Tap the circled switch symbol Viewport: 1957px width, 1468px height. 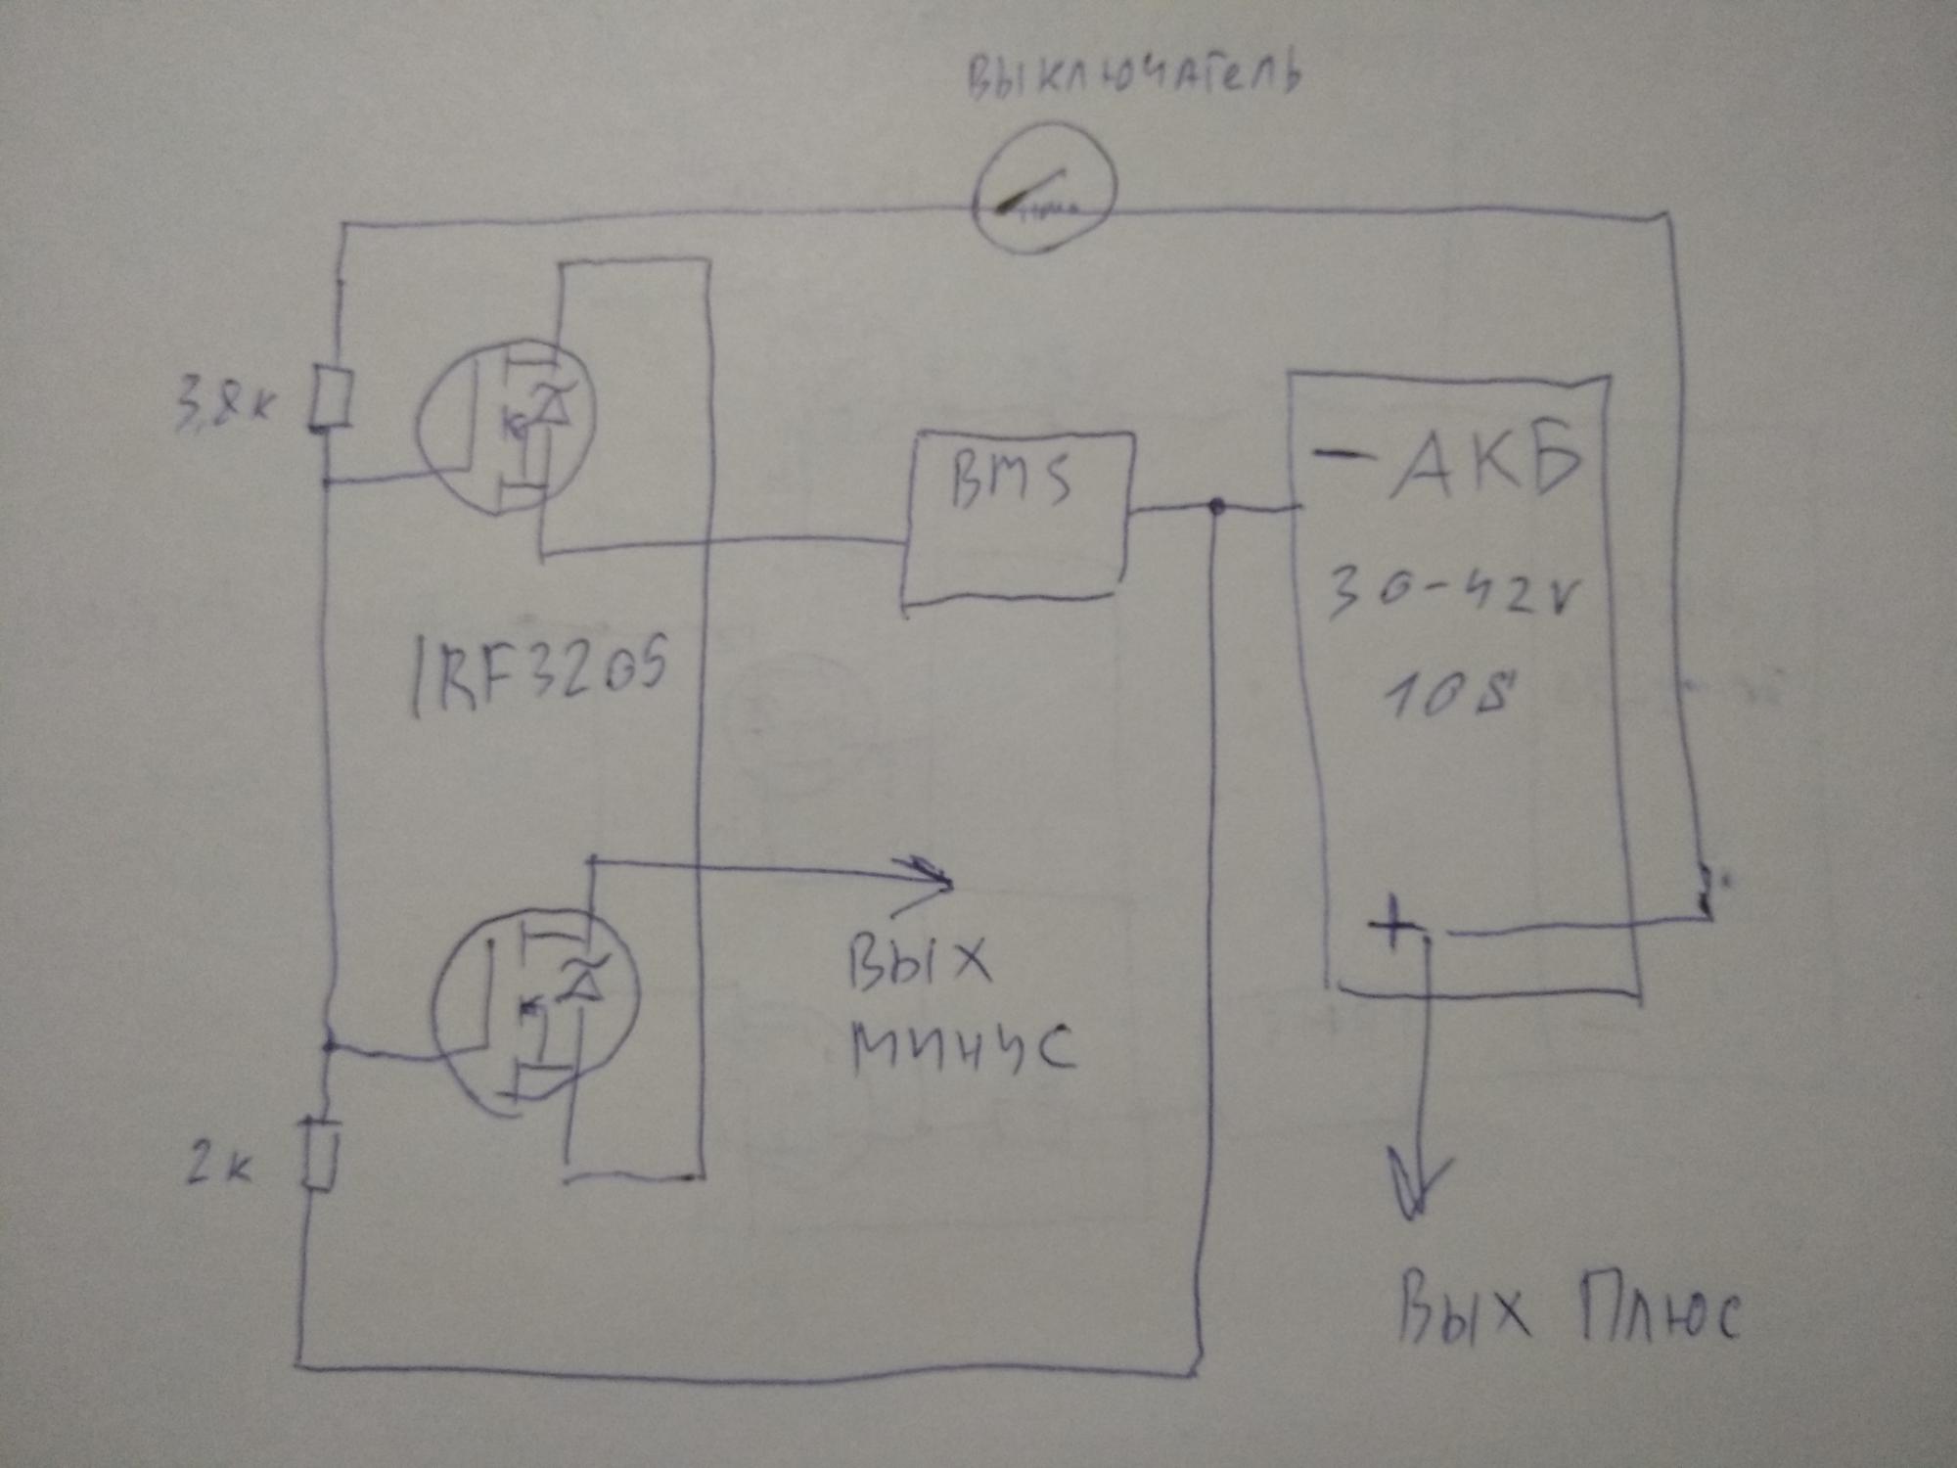click(1044, 189)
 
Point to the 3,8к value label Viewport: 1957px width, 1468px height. click(221, 402)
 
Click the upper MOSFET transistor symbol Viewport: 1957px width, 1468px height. click(506, 426)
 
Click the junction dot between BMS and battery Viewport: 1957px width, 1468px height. click(1216, 507)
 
